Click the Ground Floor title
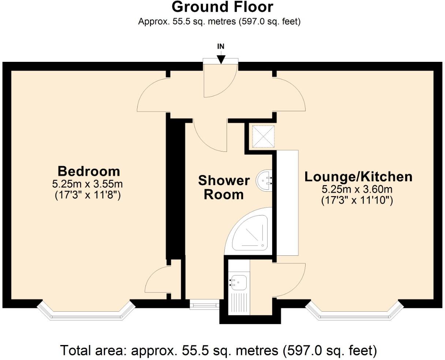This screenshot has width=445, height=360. [222, 7]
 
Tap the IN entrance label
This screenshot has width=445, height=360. [221, 46]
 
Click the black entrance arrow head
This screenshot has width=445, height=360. [221, 59]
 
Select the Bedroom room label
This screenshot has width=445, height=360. [89, 171]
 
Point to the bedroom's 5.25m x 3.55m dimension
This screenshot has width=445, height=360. [87, 184]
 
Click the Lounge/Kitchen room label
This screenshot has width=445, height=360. [359, 177]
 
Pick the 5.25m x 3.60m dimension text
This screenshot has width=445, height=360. [357, 190]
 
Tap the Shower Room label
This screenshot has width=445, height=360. [224, 187]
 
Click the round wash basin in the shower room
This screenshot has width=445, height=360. [264, 180]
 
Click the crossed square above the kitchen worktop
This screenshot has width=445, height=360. [263, 137]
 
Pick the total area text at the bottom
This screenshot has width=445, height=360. [218, 350]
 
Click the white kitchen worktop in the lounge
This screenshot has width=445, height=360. [288, 203]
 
